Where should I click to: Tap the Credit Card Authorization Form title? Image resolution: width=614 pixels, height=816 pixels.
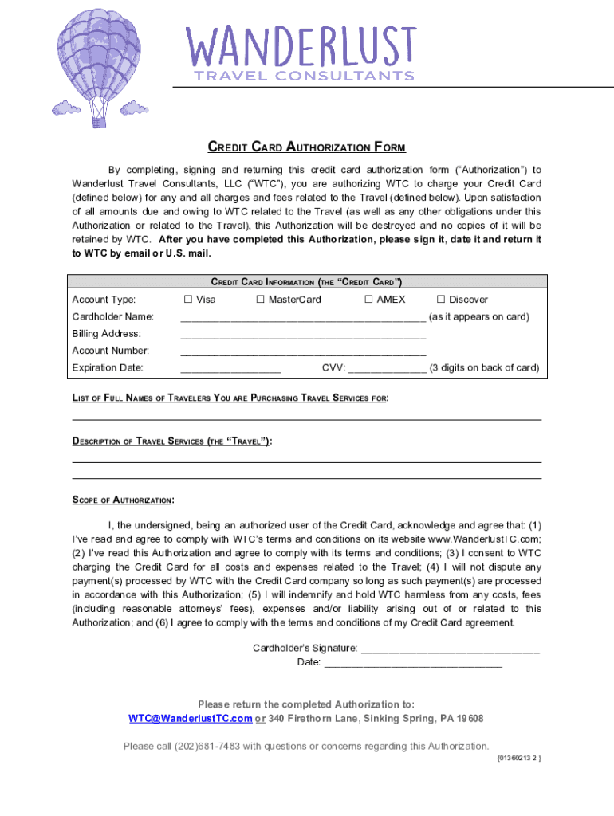point(307,147)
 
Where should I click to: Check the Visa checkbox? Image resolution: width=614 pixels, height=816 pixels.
point(187,300)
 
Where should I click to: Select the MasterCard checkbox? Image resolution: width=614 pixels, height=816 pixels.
point(260,300)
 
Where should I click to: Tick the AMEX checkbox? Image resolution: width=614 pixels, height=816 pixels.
point(368,300)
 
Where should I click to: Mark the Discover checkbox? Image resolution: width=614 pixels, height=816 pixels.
point(440,300)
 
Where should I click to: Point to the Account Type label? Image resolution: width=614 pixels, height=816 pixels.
point(104,300)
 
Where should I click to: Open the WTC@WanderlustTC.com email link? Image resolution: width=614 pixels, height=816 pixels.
point(191,719)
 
